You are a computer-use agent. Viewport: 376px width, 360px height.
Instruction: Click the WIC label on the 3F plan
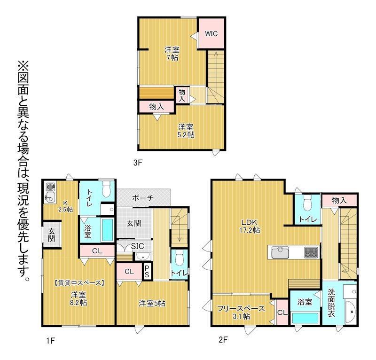[x=211, y=33]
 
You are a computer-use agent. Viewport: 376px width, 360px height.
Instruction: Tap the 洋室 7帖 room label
[x=172, y=54]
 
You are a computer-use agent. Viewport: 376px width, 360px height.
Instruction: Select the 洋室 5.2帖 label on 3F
[x=186, y=131]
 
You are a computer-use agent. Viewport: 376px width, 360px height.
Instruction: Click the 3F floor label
[x=138, y=163]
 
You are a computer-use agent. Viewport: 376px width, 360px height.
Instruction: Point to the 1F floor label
[x=51, y=340]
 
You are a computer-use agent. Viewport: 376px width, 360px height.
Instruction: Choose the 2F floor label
[x=223, y=340]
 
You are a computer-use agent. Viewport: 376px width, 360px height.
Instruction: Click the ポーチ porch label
[x=143, y=198]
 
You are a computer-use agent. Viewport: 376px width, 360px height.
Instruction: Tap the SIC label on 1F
[x=138, y=246]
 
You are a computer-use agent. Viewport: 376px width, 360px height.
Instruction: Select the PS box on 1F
[x=147, y=272]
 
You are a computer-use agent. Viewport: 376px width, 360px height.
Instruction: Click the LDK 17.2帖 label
[x=250, y=226]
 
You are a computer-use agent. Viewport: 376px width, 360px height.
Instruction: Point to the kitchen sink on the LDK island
[x=280, y=252]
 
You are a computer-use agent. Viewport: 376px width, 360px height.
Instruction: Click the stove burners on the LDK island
[x=311, y=252]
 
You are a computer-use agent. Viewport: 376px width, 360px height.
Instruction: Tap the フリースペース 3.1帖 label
[x=241, y=312]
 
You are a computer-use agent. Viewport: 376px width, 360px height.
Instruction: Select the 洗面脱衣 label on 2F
[x=331, y=303]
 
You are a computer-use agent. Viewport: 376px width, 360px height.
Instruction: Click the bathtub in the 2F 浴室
[x=305, y=318]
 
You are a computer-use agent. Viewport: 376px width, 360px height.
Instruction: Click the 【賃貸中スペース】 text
[x=78, y=283]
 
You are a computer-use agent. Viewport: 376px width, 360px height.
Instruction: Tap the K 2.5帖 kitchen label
[x=66, y=206]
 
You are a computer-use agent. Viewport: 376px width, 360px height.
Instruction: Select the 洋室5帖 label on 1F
[x=152, y=304]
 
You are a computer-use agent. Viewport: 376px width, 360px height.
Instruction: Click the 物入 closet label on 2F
[x=339, y=200]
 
